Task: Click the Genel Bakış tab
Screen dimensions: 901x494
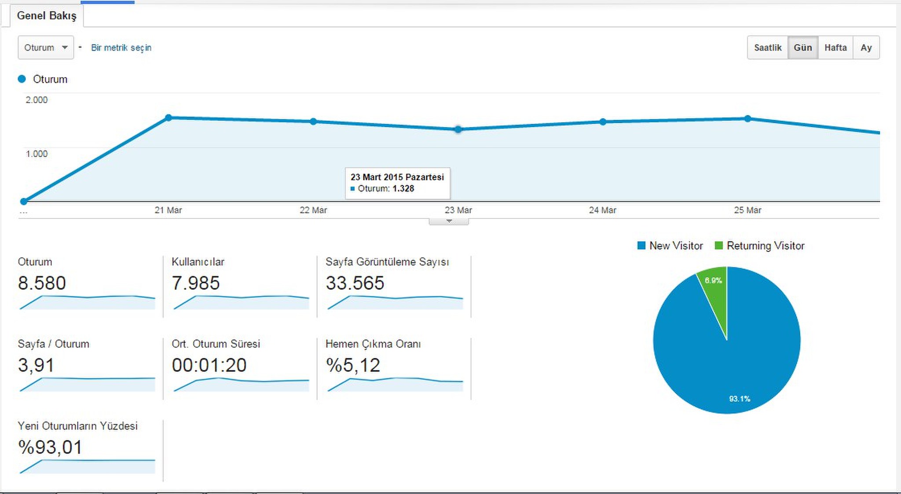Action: pos(47,16)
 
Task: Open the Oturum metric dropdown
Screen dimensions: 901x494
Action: pos(46,47)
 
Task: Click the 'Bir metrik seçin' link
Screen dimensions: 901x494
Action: pos(121,47)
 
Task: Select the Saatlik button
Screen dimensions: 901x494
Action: pos(768,47)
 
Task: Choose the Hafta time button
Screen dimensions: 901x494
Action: pos(835,47)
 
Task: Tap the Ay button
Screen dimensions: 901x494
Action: pos(866,47)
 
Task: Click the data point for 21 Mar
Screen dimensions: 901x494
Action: pos(168,118)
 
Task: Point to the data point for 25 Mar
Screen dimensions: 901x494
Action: pos(748,119)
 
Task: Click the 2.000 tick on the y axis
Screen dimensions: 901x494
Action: pos(37,100)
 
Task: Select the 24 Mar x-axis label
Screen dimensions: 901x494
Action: pos(603,210)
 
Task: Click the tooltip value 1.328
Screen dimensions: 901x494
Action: pos(403,189)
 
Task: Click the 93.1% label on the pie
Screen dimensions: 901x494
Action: pos(740,399)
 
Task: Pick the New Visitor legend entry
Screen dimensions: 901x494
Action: pos(670,246)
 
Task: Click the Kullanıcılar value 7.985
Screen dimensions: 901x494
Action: pos(196,283)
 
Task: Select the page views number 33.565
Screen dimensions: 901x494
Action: pos(355,283)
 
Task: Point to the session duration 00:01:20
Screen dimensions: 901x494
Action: pos(209,365)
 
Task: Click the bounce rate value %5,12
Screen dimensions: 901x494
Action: pos(353,365)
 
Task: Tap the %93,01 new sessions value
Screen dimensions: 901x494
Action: pos(50,447)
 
